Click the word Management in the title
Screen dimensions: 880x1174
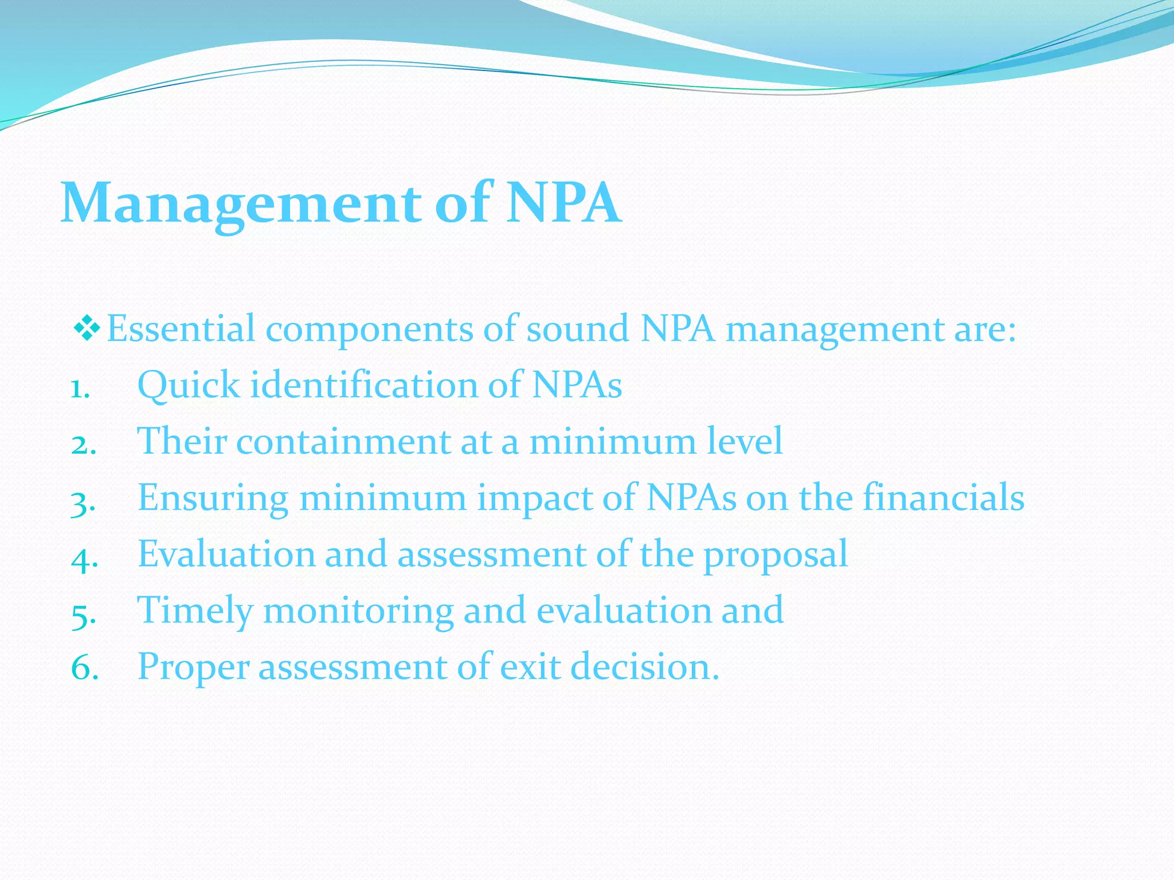(x=241, y=203)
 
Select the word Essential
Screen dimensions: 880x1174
(x=181, y=329)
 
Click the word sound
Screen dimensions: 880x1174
(x=577, y=329)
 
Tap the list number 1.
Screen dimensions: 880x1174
(x=80, y=391)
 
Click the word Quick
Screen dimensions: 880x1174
(x=189, y=385)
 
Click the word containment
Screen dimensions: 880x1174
(x=343, y=442)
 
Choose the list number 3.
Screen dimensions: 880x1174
(x=83, y=504)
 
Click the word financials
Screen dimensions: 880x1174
(x=944, y=497)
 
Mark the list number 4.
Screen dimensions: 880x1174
(x=84, y=559)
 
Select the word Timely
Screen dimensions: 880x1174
(x=195, y=611)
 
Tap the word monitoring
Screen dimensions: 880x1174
(x=358, y=611)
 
